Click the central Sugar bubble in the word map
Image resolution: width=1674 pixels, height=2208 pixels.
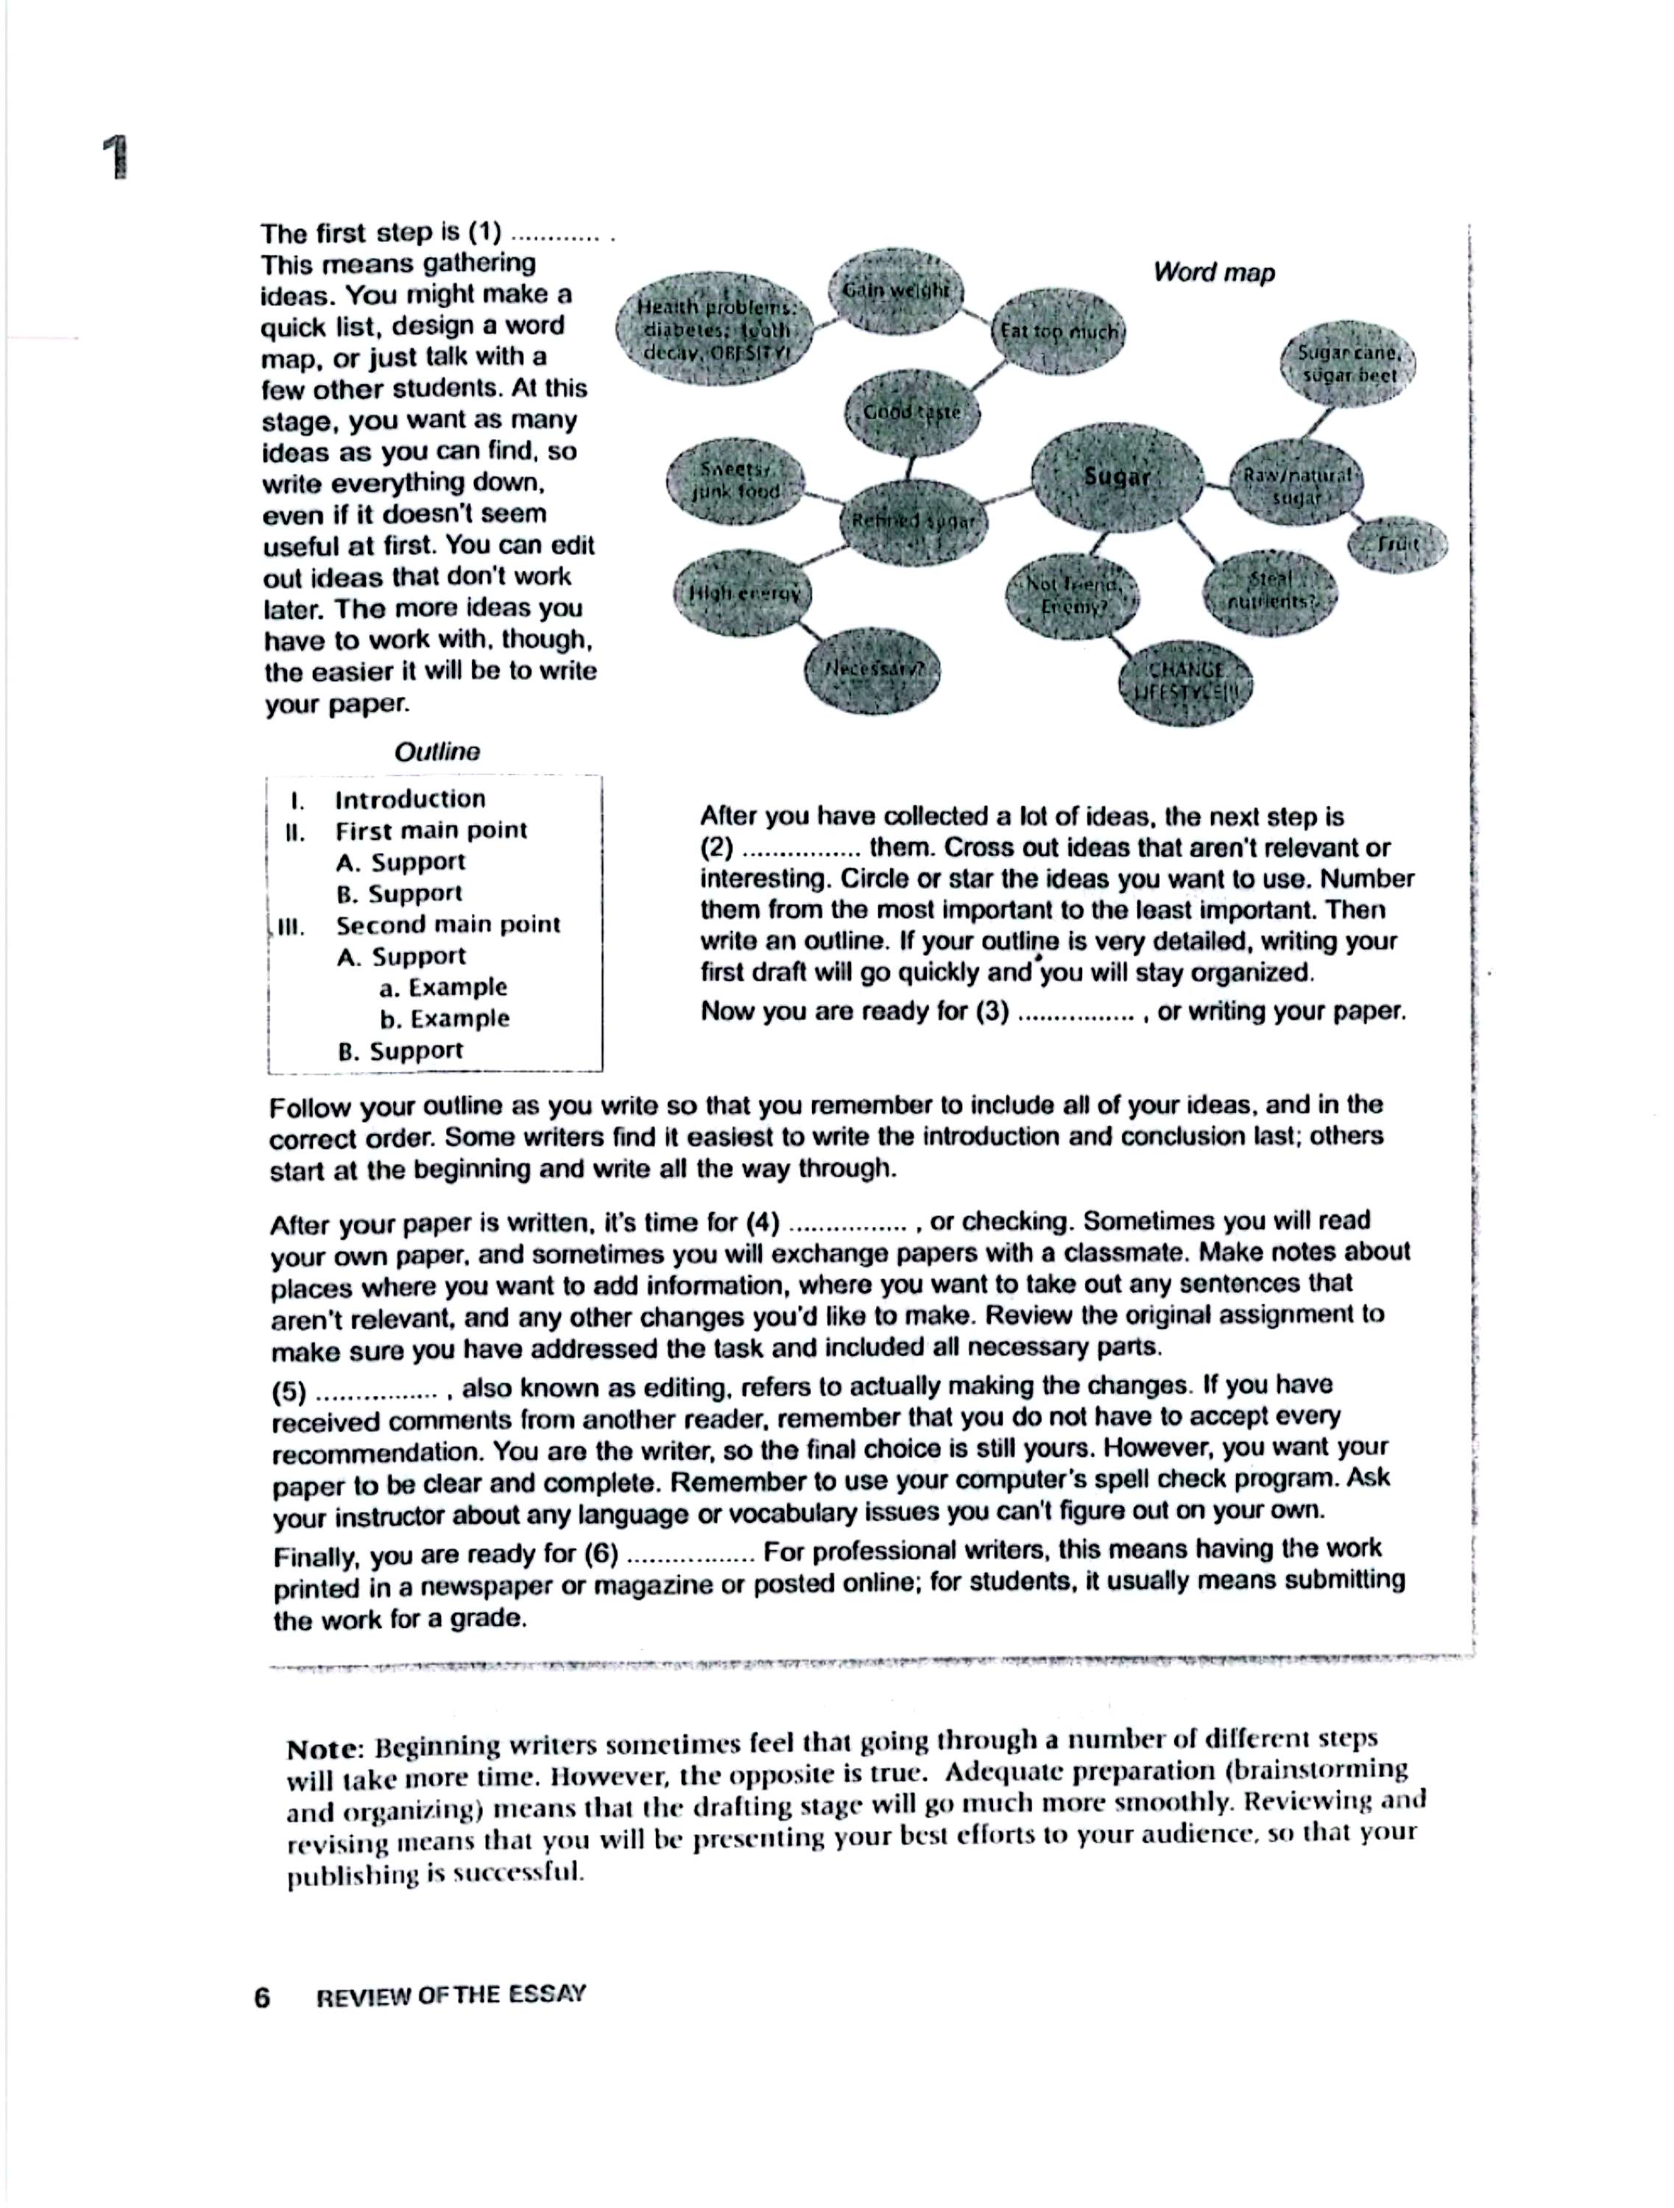click(x=1117, y=477)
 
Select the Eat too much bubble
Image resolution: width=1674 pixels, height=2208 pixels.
click(x=1058, y=331)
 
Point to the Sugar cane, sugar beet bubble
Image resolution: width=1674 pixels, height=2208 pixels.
click(x=1349, y=364)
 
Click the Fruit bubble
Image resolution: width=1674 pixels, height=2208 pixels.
click(x=1396, y=544)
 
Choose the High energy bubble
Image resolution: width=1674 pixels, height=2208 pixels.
click(x=744, y=593)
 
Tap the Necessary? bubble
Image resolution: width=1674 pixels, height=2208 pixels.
click(x=872, y=669)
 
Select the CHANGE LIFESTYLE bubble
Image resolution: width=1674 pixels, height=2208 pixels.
click(x=1185, y=681)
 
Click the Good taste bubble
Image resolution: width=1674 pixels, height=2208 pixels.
click(x=911, y=411)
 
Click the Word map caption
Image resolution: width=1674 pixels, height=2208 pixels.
click(x=1214, y=272)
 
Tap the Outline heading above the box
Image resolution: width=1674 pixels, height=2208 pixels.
click(x=437, y=751)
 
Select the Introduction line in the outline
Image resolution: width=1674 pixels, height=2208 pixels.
click(x=409, y=799)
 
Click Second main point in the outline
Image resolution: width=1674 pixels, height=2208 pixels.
click(x=447, y=924)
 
